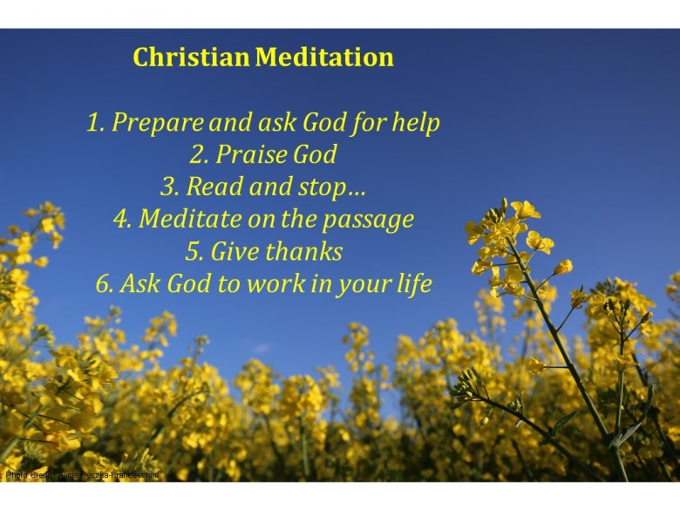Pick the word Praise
(x=249, y=155)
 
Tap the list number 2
(x=197, y=156)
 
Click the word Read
(x=214, y=187)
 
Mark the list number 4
(x=120, y=219)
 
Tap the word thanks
(x=304, y=252)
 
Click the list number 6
(x=103, y=284)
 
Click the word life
(x=412, y=284)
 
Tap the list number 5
(x=193, y=252)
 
